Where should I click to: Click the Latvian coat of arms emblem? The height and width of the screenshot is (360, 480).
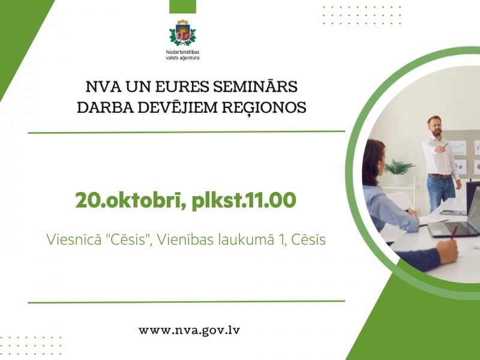182,32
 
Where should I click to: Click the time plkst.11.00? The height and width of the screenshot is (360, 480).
244,201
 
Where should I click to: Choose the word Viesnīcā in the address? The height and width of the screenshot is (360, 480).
74,239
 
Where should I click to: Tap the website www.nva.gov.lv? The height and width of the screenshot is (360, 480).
189,331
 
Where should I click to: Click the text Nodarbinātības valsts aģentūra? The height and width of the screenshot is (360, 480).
182,55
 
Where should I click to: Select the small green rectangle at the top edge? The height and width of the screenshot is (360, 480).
182,7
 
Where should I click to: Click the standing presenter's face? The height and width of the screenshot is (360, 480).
436,127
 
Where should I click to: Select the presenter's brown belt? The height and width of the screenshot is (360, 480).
440,176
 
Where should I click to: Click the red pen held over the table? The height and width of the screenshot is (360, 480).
454,232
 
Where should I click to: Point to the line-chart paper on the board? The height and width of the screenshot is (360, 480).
458,148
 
